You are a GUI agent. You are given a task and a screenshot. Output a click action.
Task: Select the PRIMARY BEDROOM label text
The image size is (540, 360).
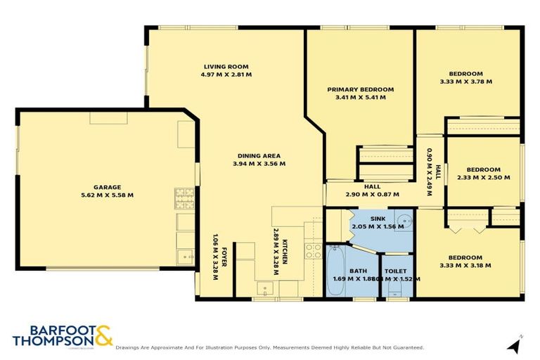pos(360,89)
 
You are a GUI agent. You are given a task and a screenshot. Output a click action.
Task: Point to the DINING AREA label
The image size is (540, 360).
pos(257,155)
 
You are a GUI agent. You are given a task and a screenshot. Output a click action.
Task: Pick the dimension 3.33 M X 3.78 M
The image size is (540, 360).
pos(465,82)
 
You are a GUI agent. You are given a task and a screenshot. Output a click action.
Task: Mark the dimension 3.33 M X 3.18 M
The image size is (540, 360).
pos(465,265)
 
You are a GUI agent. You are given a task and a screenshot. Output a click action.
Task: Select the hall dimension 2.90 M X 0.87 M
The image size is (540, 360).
pos(372,194)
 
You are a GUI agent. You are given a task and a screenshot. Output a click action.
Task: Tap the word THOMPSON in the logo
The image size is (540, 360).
pos(51,342)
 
